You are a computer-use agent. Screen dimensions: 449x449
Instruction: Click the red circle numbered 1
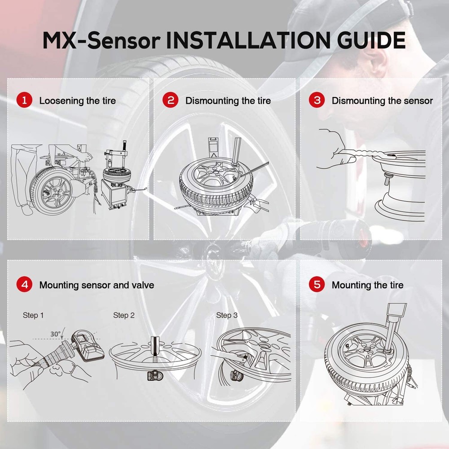click(x=24, y=100)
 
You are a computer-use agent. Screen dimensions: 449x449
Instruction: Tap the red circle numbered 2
click(x=171, y=100)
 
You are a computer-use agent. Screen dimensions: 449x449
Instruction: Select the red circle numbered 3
click(x=317, y=100)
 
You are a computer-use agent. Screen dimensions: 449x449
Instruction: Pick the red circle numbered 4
click(x=24, y=285)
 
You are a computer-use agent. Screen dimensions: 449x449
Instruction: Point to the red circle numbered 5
click(x=317, y=285)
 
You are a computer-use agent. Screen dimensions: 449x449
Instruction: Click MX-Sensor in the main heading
click(x=101, y=40)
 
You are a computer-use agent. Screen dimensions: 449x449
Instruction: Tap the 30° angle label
click(x=56, y=335)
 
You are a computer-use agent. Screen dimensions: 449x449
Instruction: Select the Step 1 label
click(x=33, y=316)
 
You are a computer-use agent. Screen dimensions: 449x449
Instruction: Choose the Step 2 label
click(x=124, y=316)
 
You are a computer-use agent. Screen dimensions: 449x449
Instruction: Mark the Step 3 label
click(x=227, y=316)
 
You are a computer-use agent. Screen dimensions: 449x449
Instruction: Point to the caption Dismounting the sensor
click(x=382, y=101)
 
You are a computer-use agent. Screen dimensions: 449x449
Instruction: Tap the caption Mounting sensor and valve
click(x=97, y=285)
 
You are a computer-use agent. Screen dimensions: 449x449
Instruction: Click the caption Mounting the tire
click(x=367, y=285)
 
